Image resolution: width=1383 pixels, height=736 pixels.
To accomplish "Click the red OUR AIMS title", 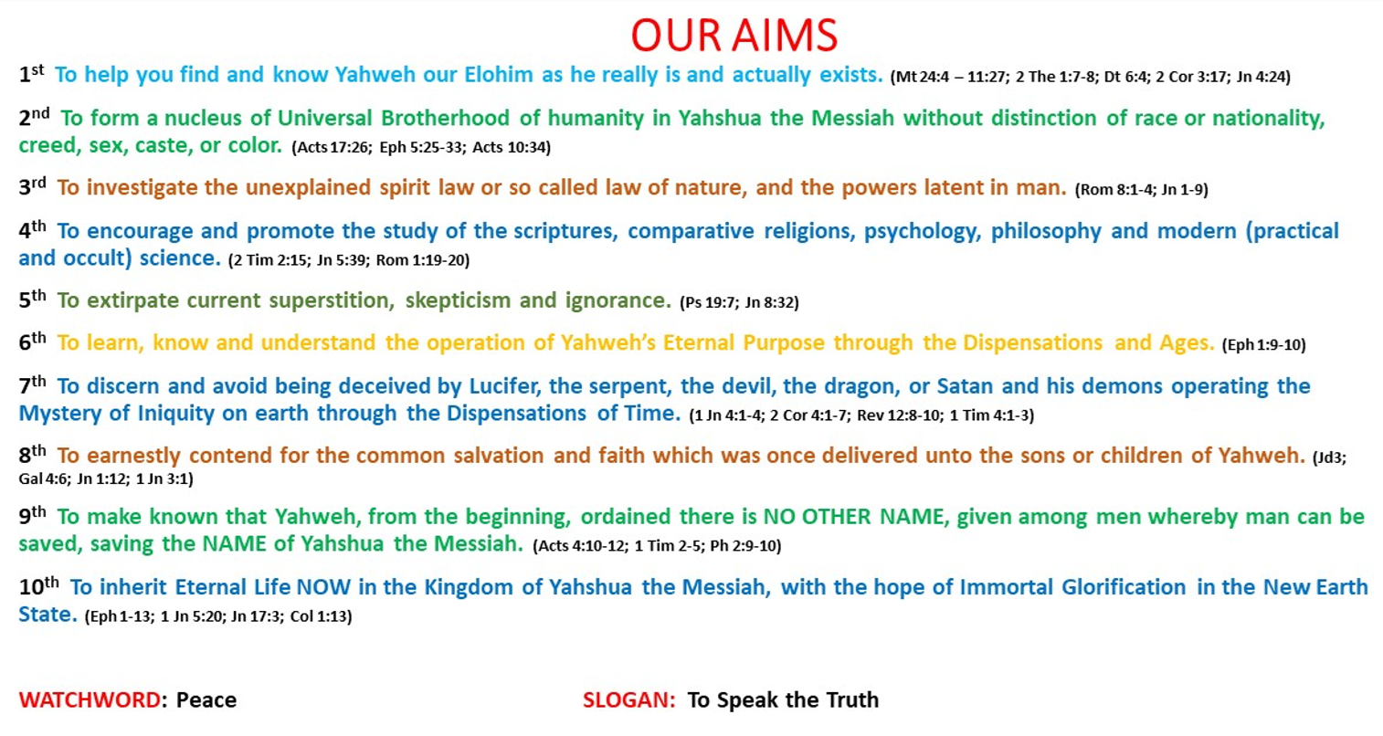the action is [x=734, y=36].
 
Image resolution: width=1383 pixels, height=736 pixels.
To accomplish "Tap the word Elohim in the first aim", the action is [x=498, y=75].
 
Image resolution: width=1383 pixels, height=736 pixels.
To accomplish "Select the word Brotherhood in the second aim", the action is [x=445, y=118].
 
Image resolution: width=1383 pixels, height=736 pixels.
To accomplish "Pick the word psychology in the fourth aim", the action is [x=923, y=232].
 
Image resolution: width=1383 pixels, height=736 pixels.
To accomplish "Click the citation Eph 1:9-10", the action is [x=1263, y=344].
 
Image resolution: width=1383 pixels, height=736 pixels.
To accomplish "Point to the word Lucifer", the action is [x=505, y=386].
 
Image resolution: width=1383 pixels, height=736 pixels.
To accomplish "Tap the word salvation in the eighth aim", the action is [x=498, y=456].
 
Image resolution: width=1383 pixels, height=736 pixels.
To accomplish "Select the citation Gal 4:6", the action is [x=43, y=479].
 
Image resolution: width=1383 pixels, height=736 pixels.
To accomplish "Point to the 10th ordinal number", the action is [x=39, y=586].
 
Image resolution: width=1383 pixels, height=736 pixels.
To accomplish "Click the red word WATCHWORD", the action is [x=90, y=700].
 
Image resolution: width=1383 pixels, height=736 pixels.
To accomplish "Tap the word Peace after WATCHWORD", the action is [x=206, y=700].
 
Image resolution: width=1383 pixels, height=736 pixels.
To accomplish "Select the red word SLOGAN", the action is [x=627, y=700].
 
